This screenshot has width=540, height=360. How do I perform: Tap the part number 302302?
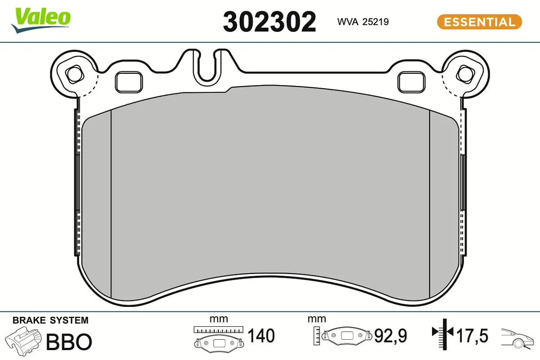pos(270,22)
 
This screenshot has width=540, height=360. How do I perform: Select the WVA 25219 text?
pos(363,21)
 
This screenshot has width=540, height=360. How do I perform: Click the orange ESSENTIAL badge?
pos(479,22)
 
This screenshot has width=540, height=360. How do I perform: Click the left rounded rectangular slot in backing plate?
pos(129,82)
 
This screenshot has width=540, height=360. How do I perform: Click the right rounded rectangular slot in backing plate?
pos(412,82)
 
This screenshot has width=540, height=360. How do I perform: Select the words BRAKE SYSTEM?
pos(50,320)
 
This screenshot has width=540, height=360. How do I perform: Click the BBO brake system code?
pos(69,342)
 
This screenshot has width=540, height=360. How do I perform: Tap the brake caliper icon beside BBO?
pos(23,342)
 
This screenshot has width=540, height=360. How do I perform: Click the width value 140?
pos(261,336)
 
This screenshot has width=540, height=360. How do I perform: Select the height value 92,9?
pos(391,336)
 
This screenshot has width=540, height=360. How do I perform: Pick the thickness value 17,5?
pos(472,336)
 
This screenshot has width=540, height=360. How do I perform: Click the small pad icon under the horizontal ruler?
pos(218,343)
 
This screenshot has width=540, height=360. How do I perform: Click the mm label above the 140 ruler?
pos(219,319)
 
